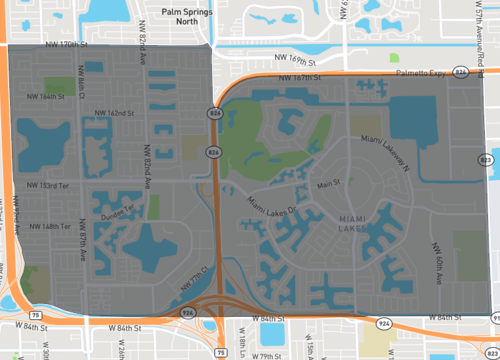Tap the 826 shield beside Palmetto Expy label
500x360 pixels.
pos(460,72)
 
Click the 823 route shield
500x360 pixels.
pos(486,159)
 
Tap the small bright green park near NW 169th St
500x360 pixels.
pos(394,58)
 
